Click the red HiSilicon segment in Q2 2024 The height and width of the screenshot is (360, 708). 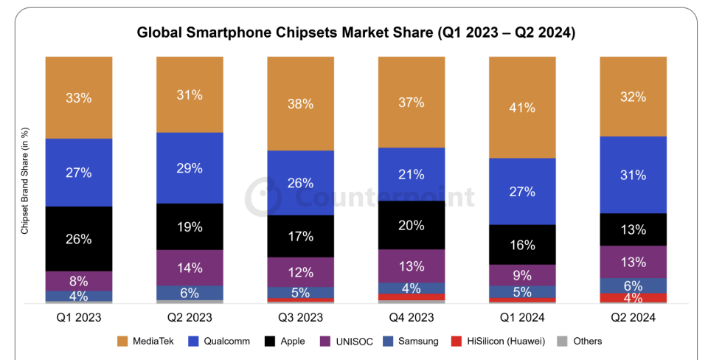(633, 298)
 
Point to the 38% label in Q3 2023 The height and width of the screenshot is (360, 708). (300, 103)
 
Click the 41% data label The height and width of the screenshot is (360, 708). (522, 108)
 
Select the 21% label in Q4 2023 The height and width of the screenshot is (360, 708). (412, 174)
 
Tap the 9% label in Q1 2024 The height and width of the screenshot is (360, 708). (522, 274)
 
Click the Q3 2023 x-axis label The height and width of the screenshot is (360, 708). (300, 317)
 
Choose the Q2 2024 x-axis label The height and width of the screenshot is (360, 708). (633, 317)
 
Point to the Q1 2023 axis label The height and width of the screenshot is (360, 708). (78, 317)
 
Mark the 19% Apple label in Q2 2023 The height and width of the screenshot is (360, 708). (190, 226)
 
